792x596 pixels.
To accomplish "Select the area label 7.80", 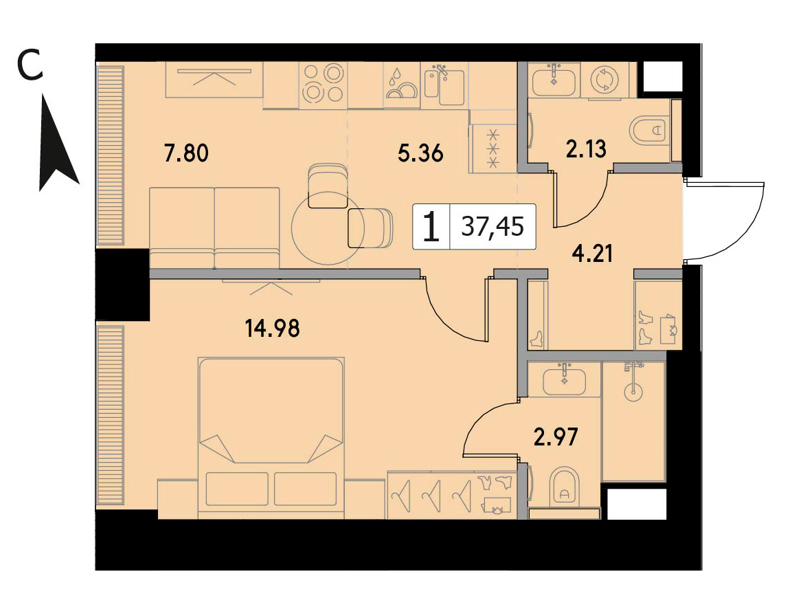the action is pos(186,153).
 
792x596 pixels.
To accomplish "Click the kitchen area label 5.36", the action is pos(420,153).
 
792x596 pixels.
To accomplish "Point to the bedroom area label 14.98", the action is pos(272,329).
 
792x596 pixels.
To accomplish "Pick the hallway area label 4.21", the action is pos(592,253).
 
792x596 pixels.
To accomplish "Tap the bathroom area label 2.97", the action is pos(556,437).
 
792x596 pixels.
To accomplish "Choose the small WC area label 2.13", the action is pos(586,149).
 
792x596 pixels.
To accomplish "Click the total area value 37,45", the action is pos(493,227).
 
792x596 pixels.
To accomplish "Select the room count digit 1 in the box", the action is pos(431,227).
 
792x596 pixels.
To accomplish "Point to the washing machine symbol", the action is pos(604,80).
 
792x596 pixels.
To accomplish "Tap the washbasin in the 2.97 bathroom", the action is pos(564,380).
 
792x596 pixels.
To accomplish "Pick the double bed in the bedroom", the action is pos(272,438).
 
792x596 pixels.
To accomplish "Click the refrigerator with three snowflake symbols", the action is pos(493,148).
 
